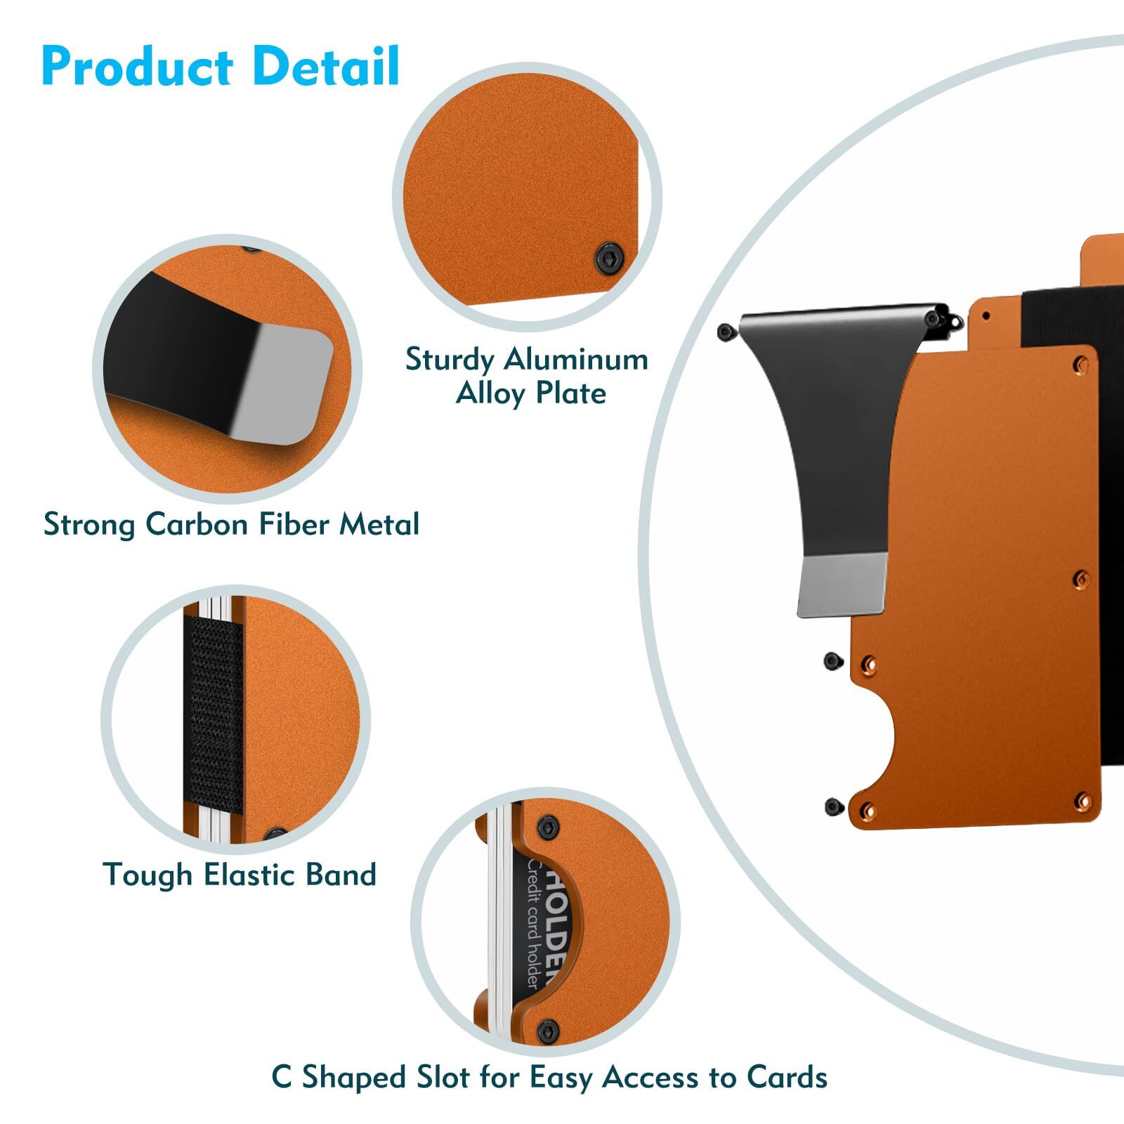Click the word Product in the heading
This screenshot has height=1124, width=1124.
tap(138, 67)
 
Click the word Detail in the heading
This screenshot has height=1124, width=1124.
tap(326, 66)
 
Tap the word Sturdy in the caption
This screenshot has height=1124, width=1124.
tap(450, 360)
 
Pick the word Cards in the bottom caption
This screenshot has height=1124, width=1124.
tap(787, 1077)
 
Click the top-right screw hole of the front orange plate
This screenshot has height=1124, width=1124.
tap(1081, 365)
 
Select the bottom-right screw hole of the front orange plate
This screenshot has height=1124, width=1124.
tap(1082, 801)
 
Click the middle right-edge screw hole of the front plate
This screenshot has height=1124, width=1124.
tap(1081, 580)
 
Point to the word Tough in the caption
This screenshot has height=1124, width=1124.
tap(148, 875)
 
